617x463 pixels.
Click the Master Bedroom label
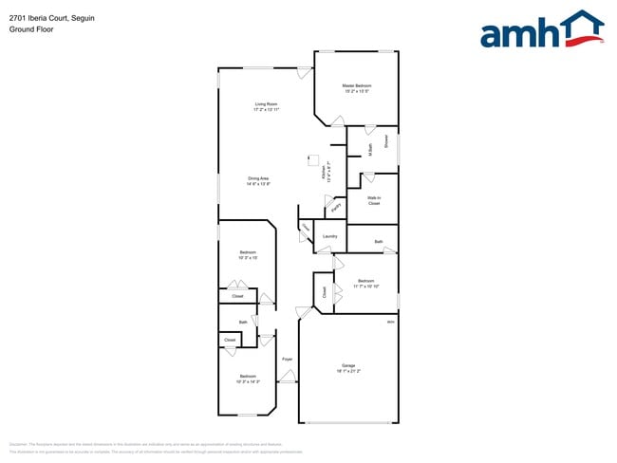pyautogui.click(x=356, y=85)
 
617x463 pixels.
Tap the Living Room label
pyautogui.click(x=266, y=103)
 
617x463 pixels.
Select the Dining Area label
pyautogui.click(x=259, y=178)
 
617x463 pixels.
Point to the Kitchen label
pyautogui.click(x=323, y=171)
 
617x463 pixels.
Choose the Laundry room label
pyautogui.click(x=330, y=235)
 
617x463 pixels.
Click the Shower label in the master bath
pyautogui.click(x=387, y=141)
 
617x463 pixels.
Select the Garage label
pyautogui.click(x=348, y=365)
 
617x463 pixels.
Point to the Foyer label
pyautogui.click(x=287, y=359)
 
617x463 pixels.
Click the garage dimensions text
pyautogui.click(x=348, y=371)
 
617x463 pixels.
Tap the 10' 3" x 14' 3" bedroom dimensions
pyautogui.click(x=248, y=381)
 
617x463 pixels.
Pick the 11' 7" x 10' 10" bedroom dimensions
pyautogui.click(x=365, y=286)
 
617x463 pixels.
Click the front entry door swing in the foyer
pyautogui.click(x=287, y=378)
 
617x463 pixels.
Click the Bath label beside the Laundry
pyautogui.click(x=378, y=242)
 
